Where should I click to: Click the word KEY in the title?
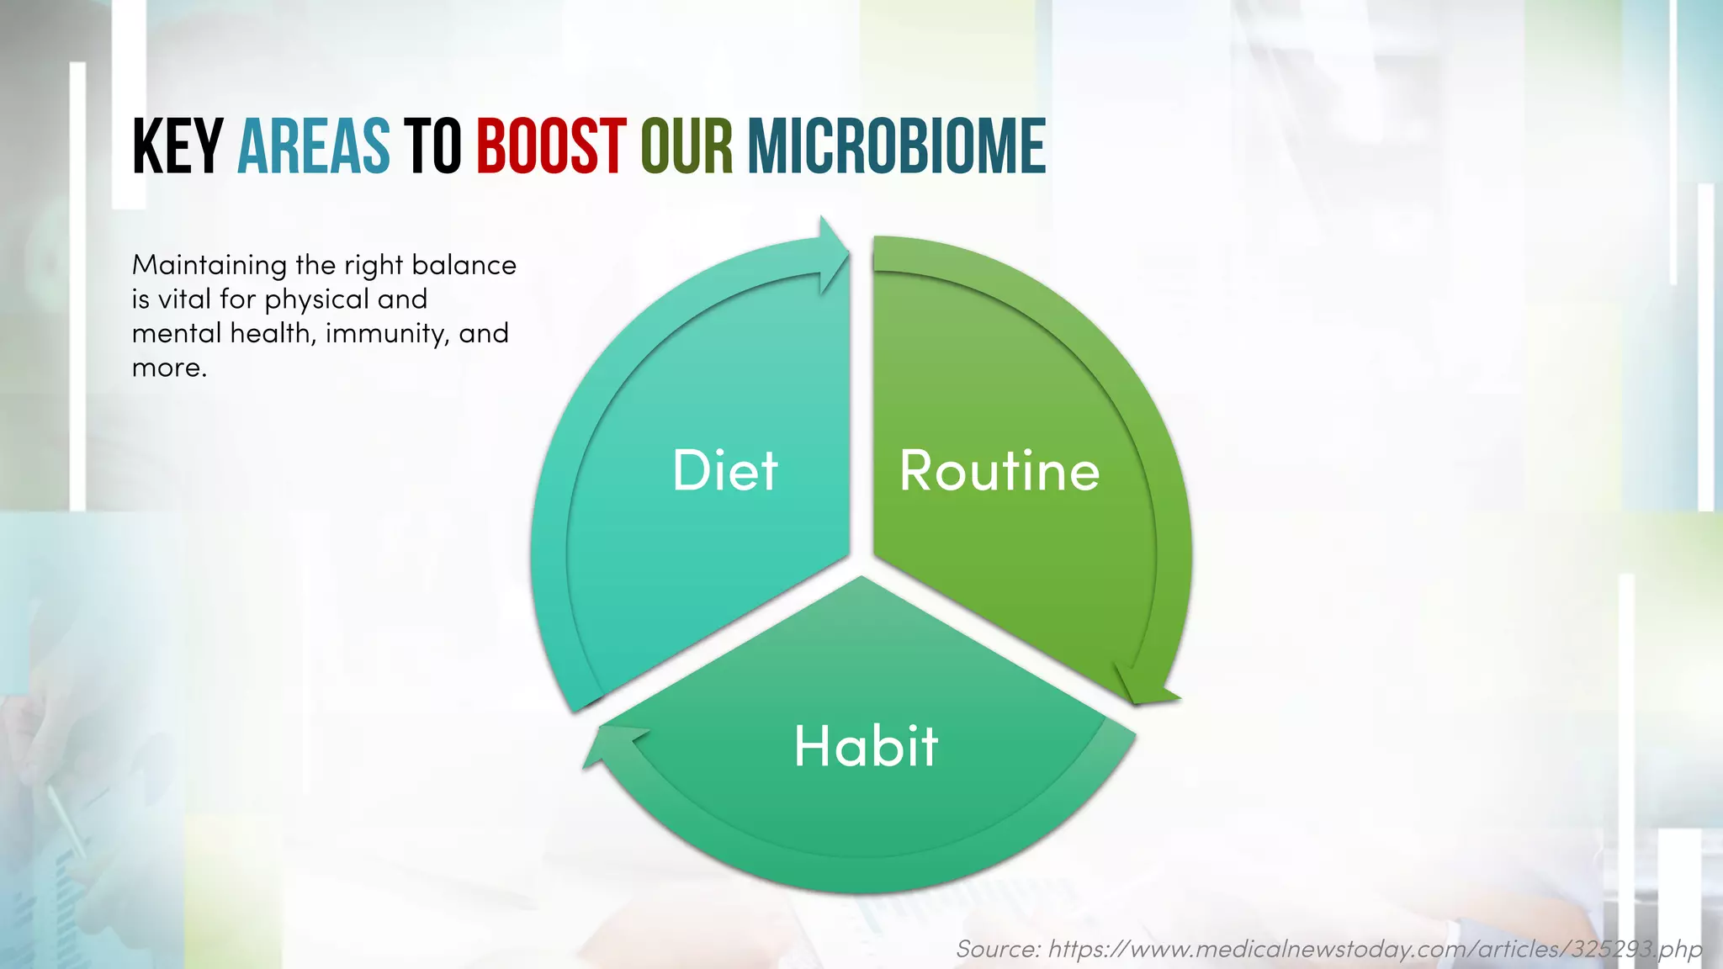point(177,147)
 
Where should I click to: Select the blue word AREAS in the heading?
point(313,147)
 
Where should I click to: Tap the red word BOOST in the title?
point(551,147)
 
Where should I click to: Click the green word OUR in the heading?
point(687,147)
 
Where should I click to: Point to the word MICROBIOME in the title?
point(896,147)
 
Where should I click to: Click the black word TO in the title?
point(432,147)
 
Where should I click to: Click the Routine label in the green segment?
point(999,470)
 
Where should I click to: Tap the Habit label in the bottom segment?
point(866,746)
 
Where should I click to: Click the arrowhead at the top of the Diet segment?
point(834,253)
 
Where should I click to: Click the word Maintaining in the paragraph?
point(209,266)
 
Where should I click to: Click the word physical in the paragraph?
point(317,300)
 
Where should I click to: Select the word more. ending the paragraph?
point(169,368)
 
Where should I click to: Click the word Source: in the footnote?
point(998,949)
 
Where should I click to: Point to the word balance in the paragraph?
point(464,266)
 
